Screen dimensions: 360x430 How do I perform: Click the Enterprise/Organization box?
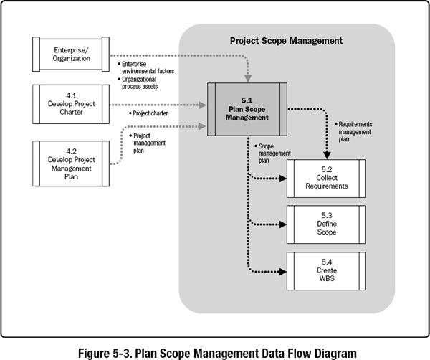71,54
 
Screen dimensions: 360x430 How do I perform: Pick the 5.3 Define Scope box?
325,223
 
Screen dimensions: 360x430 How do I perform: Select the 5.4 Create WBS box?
325,270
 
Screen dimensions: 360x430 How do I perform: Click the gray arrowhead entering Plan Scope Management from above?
246,76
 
